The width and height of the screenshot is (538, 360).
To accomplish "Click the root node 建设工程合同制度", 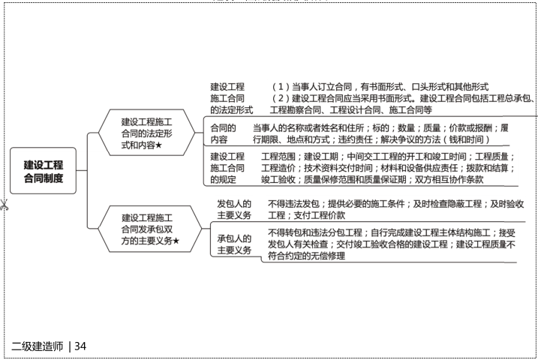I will [44, 171].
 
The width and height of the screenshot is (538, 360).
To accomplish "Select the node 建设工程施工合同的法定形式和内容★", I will [151, 132].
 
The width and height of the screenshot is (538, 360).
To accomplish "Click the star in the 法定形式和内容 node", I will [161, 144].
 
